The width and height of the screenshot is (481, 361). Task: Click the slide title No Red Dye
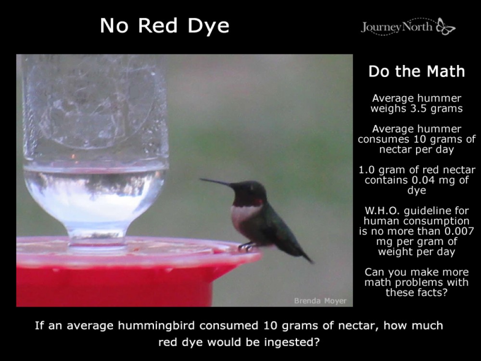[165, 26]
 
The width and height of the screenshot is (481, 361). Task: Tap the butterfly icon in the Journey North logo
[445, 27]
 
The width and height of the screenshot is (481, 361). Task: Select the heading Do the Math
[417, 72]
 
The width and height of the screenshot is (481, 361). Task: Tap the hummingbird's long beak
[215, 182]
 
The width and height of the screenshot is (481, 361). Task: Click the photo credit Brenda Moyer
[320, 301]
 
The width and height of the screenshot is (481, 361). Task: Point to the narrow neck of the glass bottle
[96, 236]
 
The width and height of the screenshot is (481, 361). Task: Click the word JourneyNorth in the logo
[397, 27]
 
